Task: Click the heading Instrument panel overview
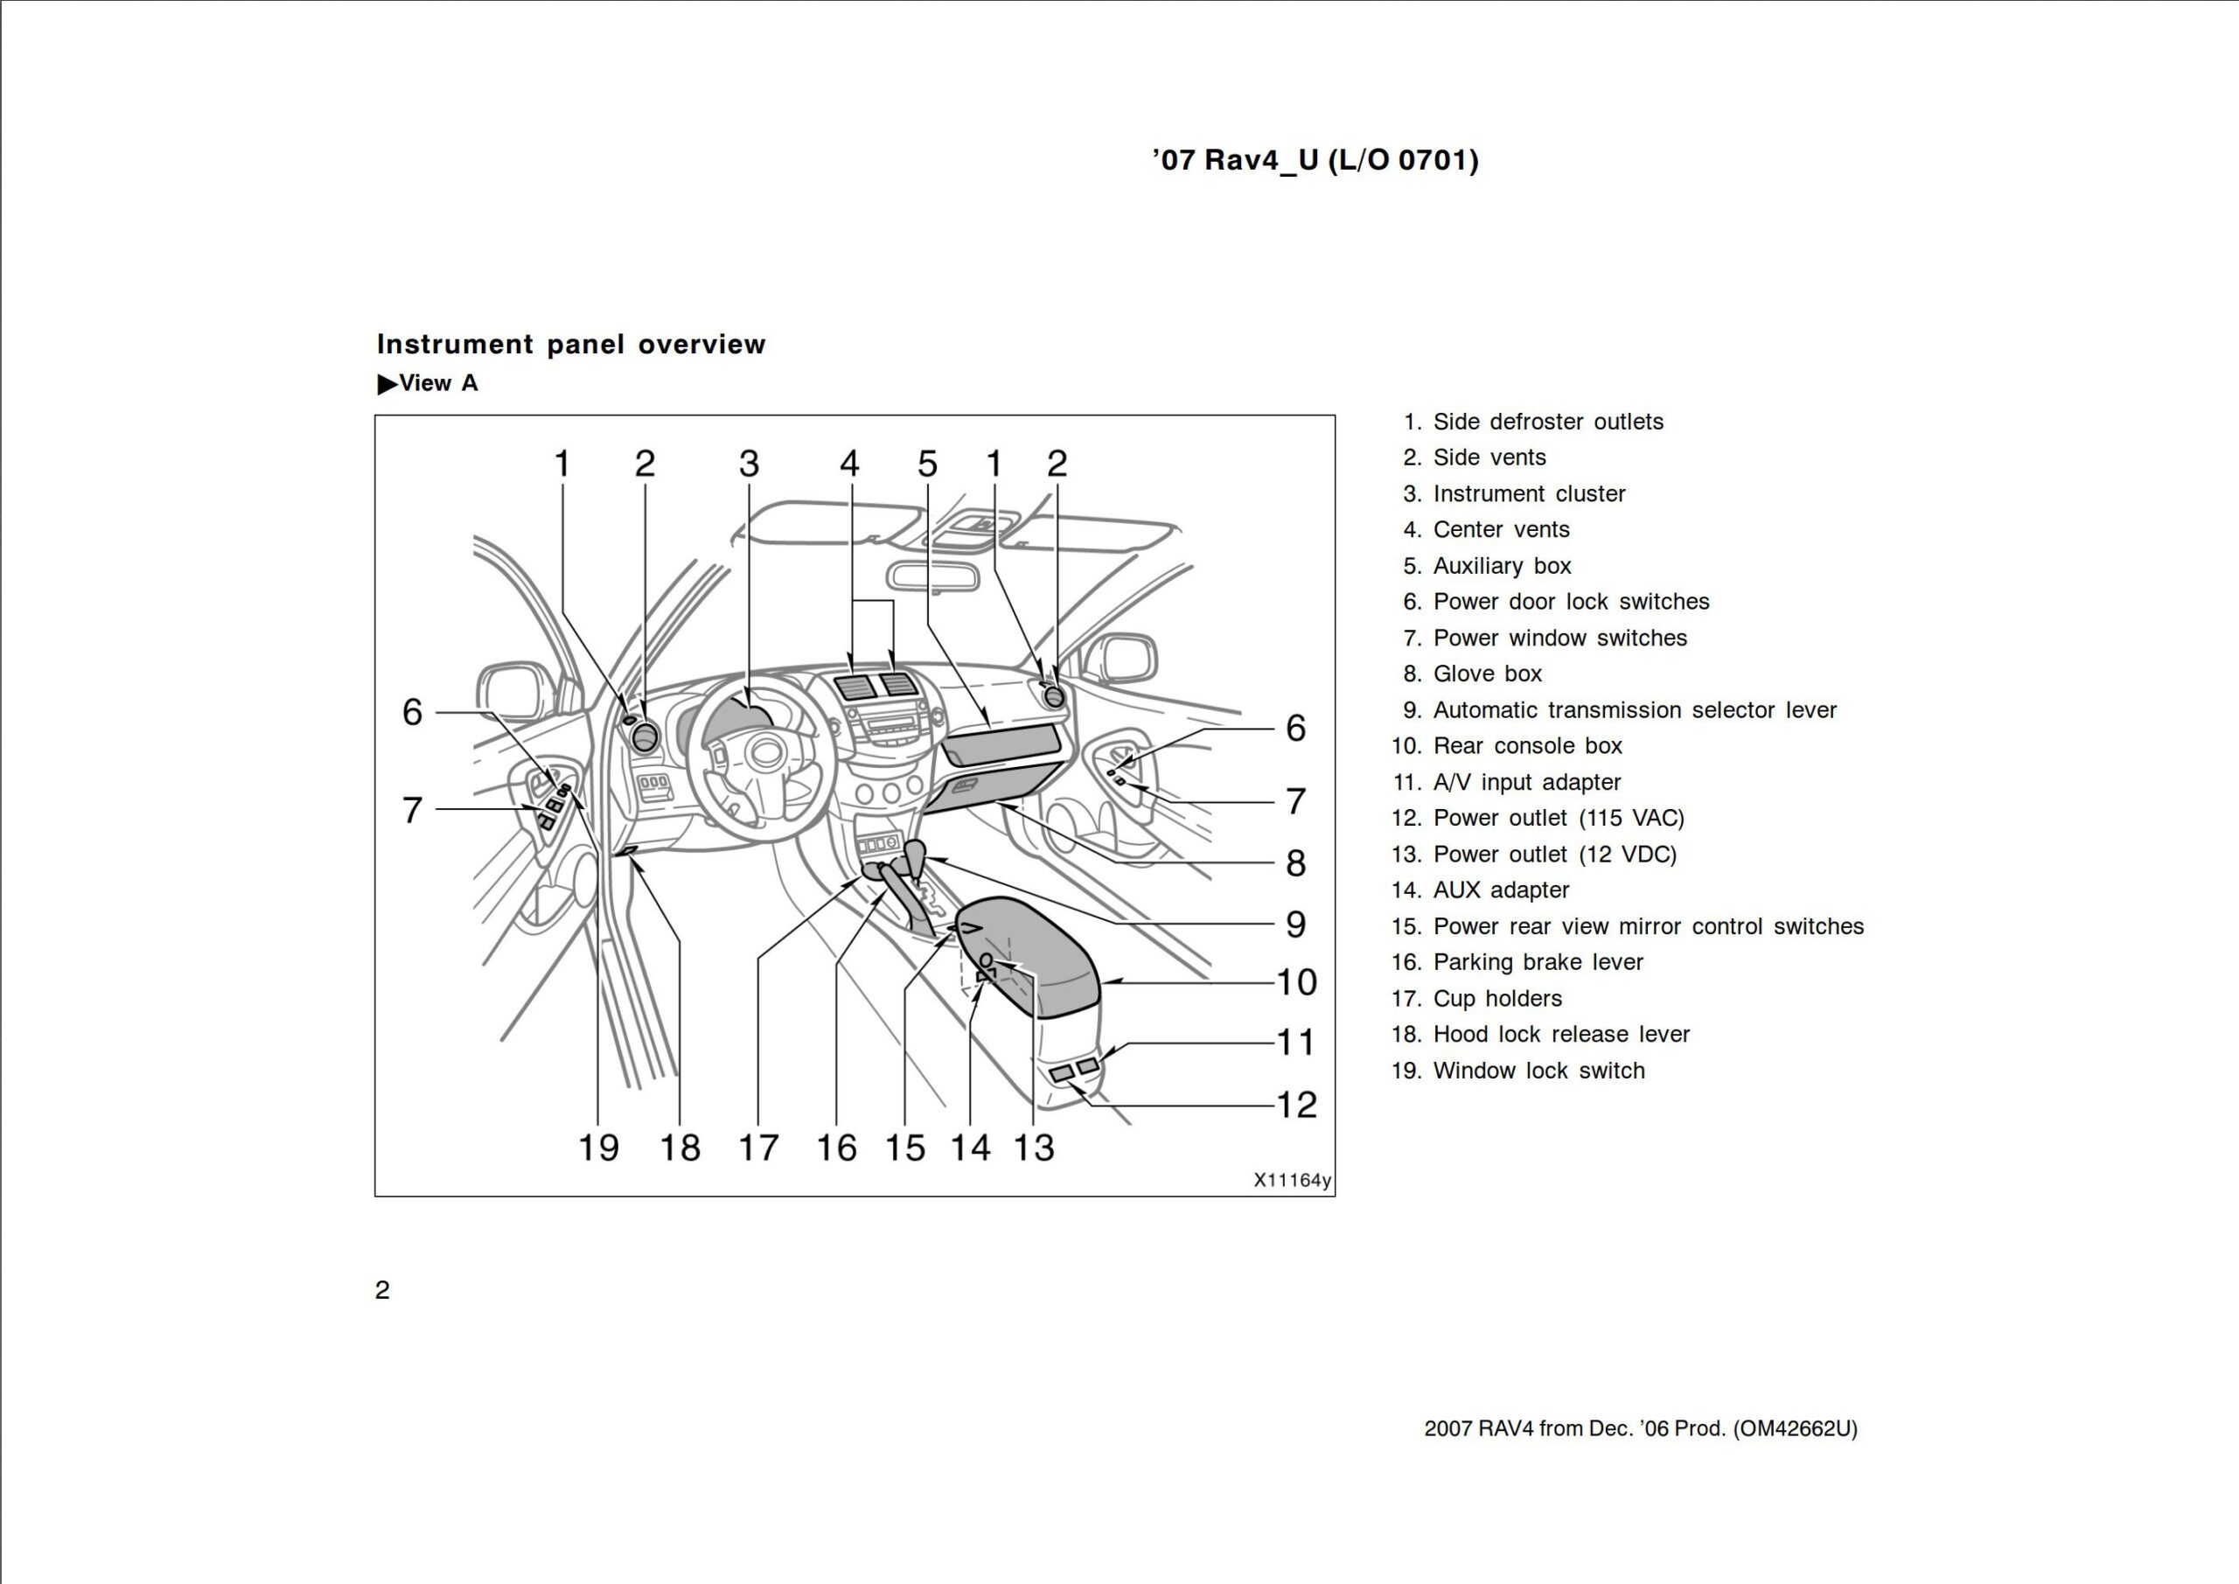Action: pyautogui.click(x=570, y=345)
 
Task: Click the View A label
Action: pyautogui.click(x=429, y=383)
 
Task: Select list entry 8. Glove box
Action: pyautogui.click(x=1486, y=674)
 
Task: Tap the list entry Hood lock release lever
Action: pyautogui.click(x=1560, y=1034)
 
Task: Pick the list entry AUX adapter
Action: pyautogui.click(x=1500, y=890)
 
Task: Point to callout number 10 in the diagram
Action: pyautogui.click(x=1296, y=982)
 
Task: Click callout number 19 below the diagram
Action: pyautogui.click(x=597, y=1148)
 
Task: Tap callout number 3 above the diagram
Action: pyautogui.click(x=748, y=464)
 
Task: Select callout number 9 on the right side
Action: pyautogui.click(x=1295, y=924)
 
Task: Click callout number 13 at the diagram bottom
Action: pyautogui.click(x=1034, y=1148)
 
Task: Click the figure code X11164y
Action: pyautogui.click(x=1291, y=1180)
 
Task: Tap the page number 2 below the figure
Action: pyautogui.click(x=382, y=1289)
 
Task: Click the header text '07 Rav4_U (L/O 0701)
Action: pyautogui.click(x=1315, y=160)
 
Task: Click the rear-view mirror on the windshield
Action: pyautogui.click(x=931, y=576)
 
